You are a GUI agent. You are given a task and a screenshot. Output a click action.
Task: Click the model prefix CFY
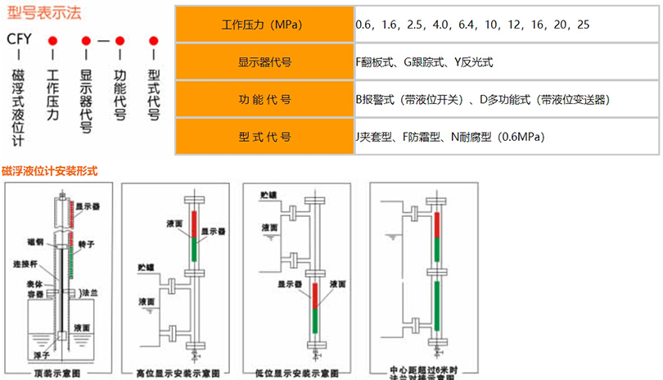tap(19, 38)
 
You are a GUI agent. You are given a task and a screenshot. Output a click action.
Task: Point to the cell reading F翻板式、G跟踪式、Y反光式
tap(423, 61)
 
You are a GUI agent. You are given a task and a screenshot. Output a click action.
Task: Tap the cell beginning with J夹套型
tap(449, 136)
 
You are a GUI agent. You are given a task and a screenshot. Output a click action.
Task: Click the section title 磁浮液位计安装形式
tap(50, 171)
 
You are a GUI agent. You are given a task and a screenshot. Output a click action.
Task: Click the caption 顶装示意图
tap(56, 373)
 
